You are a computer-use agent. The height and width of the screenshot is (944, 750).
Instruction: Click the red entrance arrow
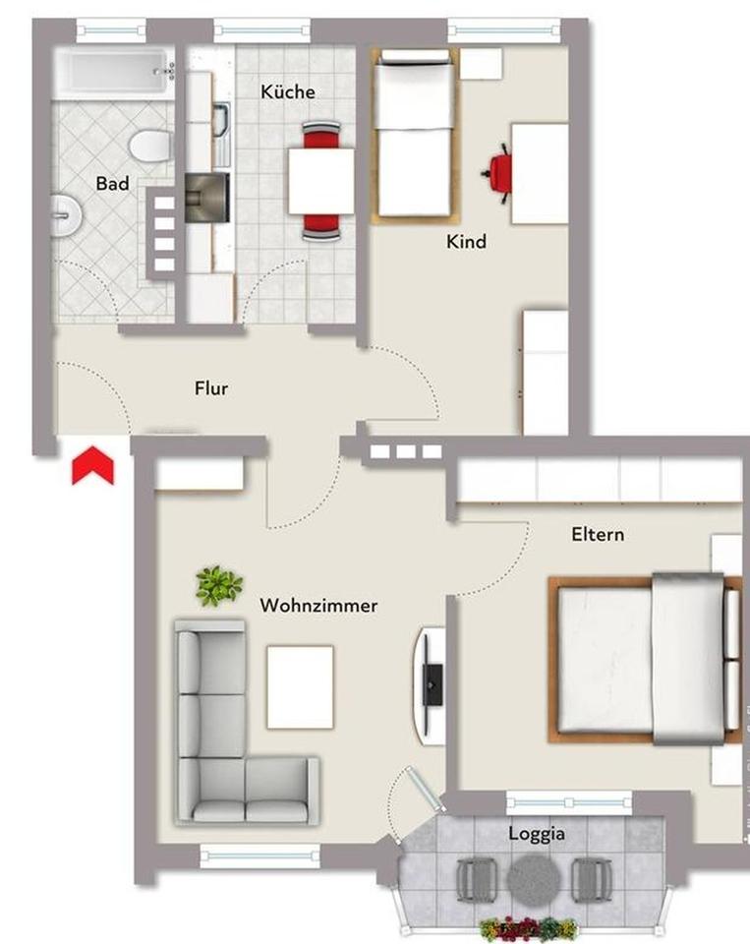93,466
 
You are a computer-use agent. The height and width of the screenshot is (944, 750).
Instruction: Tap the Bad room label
112,184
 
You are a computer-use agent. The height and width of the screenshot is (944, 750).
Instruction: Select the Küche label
288,91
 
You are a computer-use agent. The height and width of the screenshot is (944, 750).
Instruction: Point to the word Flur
211,388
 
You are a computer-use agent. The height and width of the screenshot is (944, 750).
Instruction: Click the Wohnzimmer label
318,606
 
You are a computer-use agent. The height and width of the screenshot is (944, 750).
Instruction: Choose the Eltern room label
598,535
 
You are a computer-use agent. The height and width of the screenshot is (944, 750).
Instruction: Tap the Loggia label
537,834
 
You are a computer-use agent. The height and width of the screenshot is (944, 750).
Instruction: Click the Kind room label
466,241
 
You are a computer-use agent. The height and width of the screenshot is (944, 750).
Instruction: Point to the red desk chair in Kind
498,173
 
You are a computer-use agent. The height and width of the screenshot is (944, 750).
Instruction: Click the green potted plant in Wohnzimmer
218,586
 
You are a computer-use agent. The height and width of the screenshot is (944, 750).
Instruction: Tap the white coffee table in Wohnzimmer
300,686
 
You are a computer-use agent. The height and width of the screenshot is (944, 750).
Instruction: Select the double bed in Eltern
644,657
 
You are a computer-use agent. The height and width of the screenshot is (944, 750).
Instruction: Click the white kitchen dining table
321,180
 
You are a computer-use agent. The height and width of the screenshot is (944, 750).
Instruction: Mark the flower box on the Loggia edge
529,927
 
